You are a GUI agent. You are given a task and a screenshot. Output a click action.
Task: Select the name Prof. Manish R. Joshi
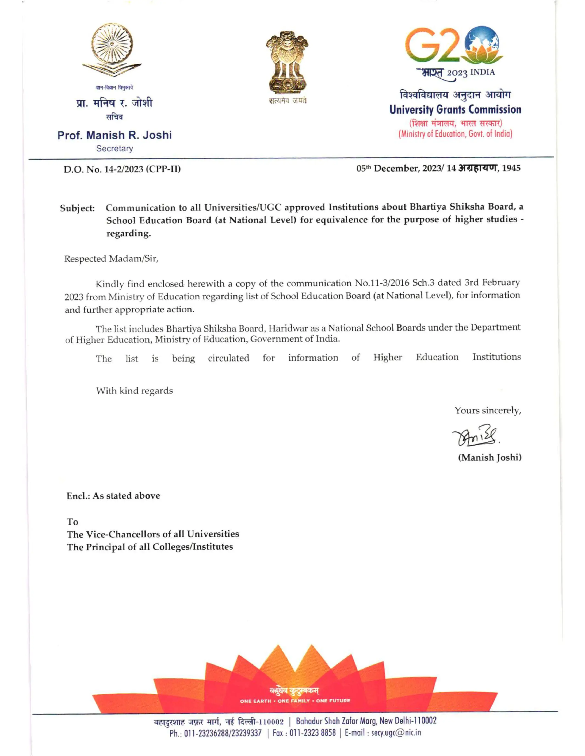[x=114, y=135]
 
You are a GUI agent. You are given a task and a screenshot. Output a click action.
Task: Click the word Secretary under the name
[x=114, y=148]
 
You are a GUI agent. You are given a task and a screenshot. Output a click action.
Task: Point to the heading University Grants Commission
[x=455, y=110]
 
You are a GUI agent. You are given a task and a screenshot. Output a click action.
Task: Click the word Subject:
[x=77, y=208]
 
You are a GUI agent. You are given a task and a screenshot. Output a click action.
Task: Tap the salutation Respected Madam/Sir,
[x=111, y=259]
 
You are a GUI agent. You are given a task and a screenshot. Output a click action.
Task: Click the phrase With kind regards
[x=134, y=391]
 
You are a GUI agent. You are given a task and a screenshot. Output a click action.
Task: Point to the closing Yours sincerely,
[x=488, y=411]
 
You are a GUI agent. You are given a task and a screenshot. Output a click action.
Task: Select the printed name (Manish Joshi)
[x=489, y=458]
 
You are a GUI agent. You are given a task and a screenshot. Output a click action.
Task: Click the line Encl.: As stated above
[x=113, y=496]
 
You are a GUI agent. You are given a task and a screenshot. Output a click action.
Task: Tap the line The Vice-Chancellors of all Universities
[x=153, y=534]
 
